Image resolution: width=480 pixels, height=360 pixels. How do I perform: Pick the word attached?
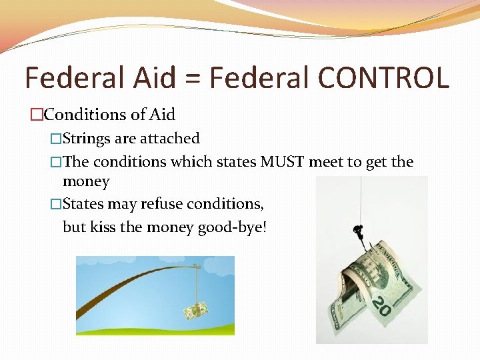[170, 139]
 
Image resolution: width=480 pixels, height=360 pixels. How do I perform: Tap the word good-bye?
[232, 227]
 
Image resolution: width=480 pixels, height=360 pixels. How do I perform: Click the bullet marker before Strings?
[56, 139]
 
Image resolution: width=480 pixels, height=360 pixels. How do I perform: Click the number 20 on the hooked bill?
[381, 307]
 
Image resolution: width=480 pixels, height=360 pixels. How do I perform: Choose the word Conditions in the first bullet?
[85, 115]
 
